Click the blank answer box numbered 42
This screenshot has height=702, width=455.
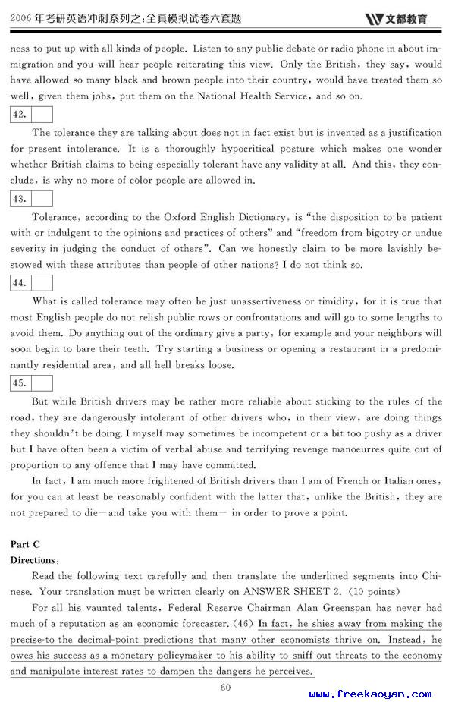pyautogui.click(x=42, y=115)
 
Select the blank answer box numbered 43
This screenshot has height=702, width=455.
pyautogui.click(x=42, y=199)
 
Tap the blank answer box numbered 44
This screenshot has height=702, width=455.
pyautogui.click(x=42, y=283)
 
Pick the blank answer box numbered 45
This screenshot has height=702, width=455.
pyautogui.click(x=42, y=383)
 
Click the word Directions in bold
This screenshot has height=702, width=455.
pyautogui.click(x=33, y=560)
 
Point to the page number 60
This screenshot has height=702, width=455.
pyautogui.click(x=225, y=688)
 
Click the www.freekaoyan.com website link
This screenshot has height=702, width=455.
pyautogui.click(x=371, y=694)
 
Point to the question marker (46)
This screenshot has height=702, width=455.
pyautogui.click(x=243, y=624)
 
